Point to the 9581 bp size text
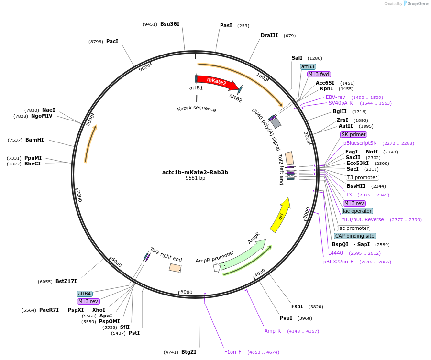coord(195,178)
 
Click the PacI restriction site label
coord(112,42)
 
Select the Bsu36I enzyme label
coord(170,24)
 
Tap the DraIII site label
coord(269,35)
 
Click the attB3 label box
coord(308,66)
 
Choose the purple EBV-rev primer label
coord(335,97)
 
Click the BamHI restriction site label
coord(34,140)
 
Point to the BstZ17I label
coord(66,281)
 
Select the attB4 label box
coord(84,293)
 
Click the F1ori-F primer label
coord(233,352)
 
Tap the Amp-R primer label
coord(273,331)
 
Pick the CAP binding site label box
coord(355,236)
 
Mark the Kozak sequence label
coord(197,109)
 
